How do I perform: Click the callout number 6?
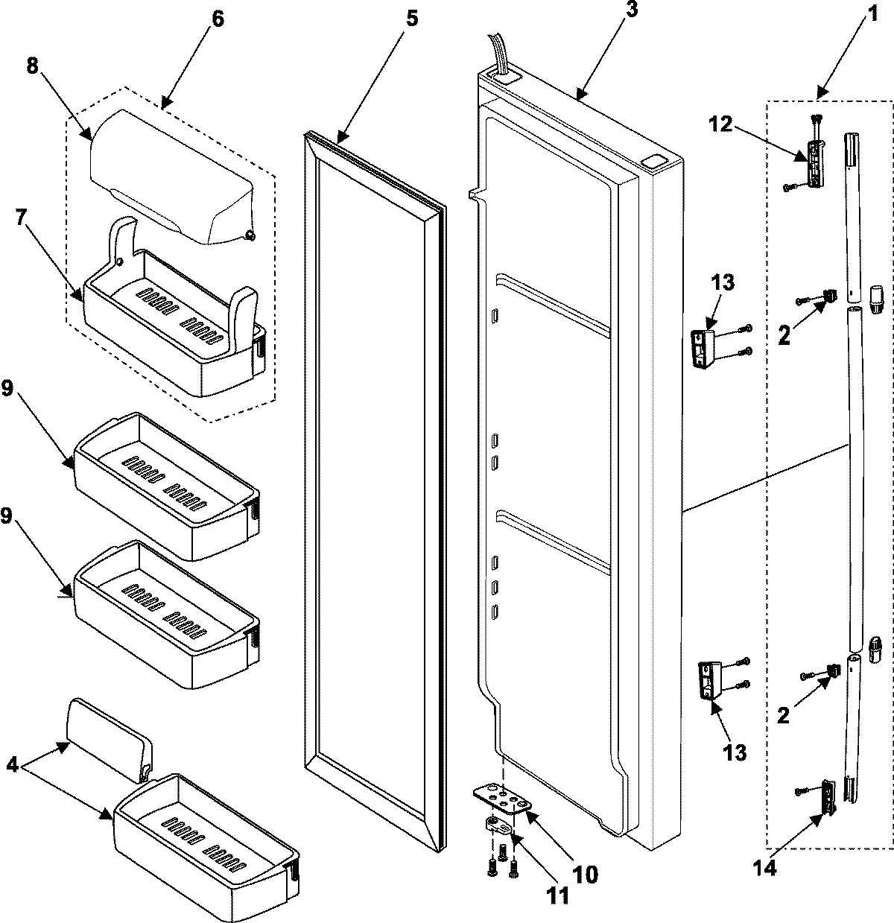[x=217, y=19]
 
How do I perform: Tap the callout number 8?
[x=32, y=65]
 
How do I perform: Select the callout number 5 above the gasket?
[x=411, y=19]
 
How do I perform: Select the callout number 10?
[x=583, y=873]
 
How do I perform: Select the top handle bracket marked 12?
[x=816, y=162]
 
